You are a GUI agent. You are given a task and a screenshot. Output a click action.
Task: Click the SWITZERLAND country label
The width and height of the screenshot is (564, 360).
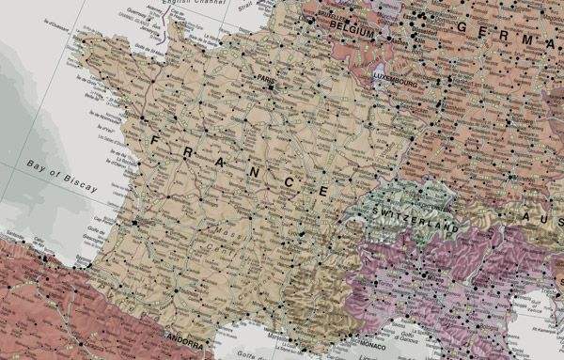tap(415, 218)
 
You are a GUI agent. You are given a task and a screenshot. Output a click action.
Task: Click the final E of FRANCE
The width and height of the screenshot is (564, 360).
tap(323, 191)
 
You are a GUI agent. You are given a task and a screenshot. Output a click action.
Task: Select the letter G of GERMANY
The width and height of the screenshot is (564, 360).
tap(462, 27)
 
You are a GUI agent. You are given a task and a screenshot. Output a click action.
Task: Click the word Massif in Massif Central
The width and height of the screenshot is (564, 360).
tap(223, 228)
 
